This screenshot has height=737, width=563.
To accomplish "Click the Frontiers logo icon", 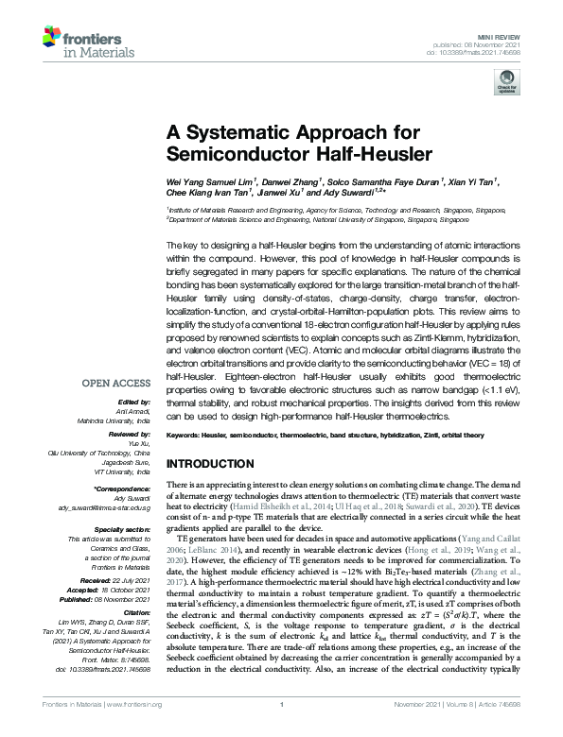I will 53,38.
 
